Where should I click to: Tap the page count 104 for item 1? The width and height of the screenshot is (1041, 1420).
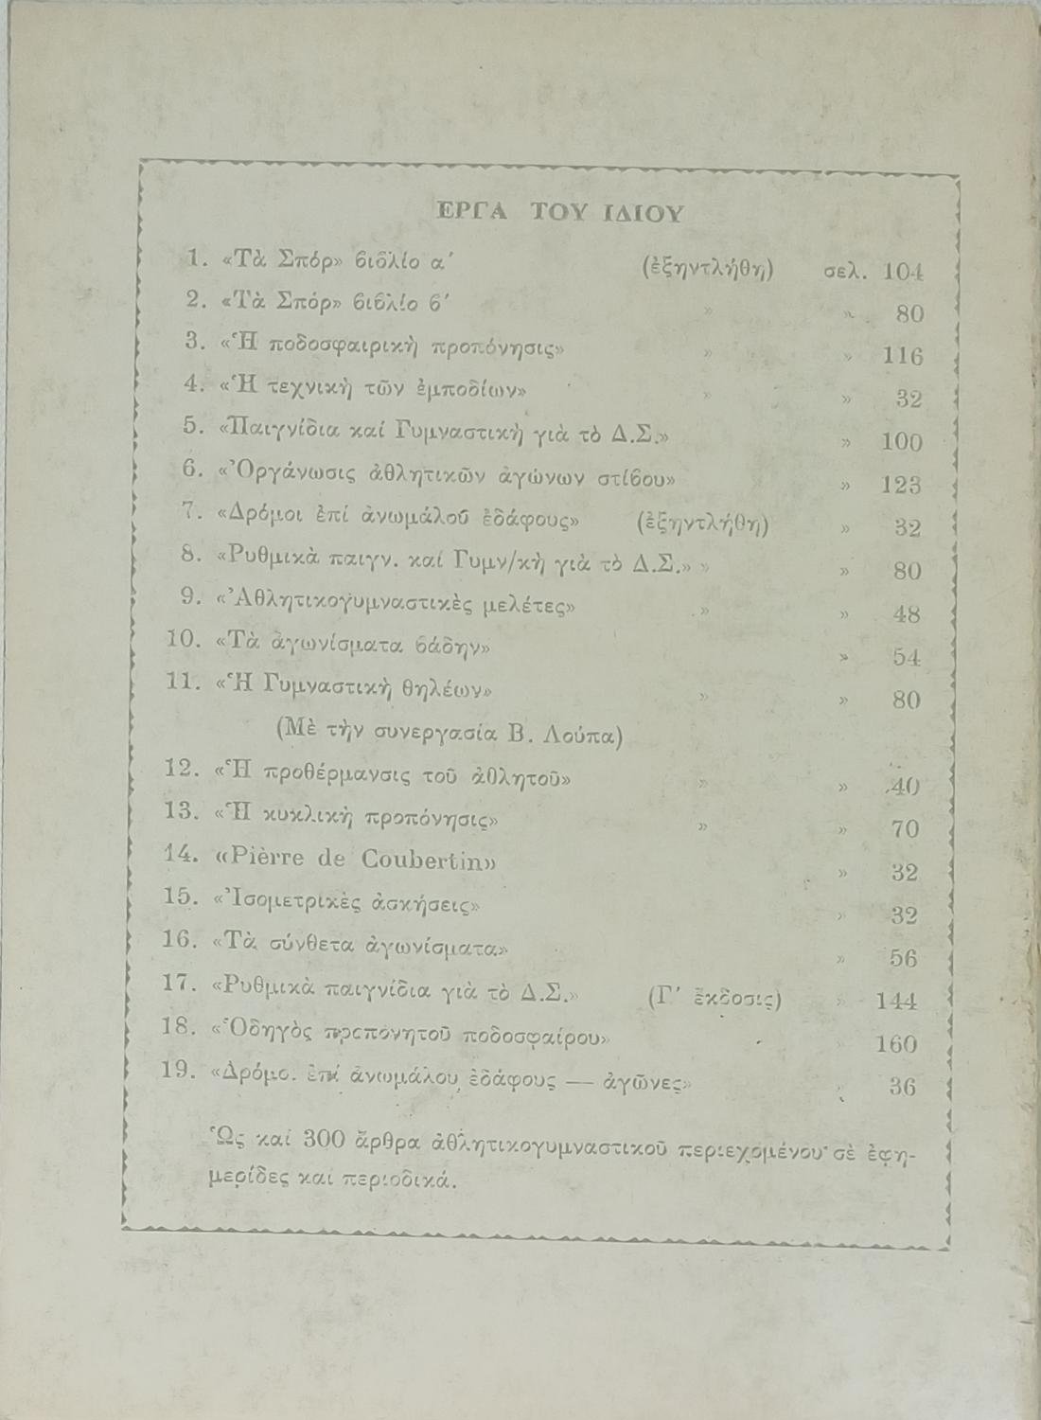tap(903, 272)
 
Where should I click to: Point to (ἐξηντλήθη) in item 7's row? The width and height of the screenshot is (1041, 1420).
tap(703, 524)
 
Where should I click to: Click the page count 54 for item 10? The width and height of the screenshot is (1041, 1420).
tap(906, 657)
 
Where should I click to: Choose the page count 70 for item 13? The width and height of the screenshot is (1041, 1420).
tap(906, 829)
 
